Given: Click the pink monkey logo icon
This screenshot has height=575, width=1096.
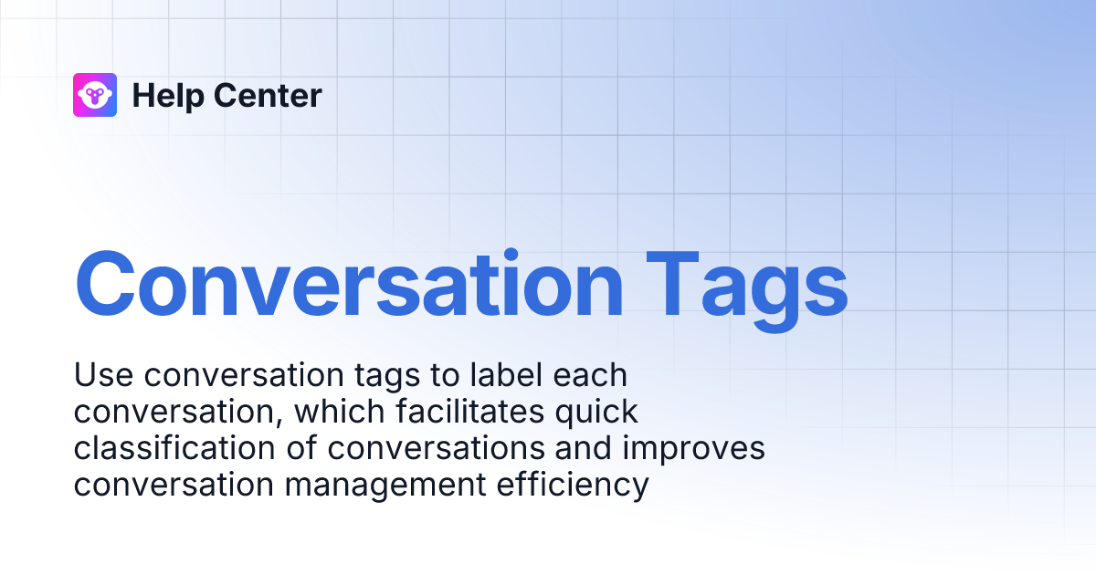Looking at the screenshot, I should (x=95, y=95).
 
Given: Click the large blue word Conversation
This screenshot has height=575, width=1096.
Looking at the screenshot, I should (x=349, y=284).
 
